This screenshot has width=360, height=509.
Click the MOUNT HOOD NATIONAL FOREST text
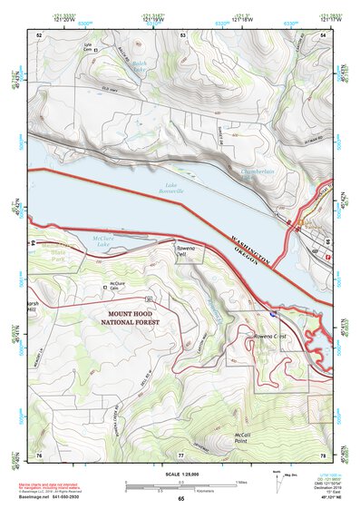pyautogui.click(x=128, y=317)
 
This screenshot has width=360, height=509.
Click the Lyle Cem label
pyautogui.click(x=88, y=46)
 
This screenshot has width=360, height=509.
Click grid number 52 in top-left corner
pyautogui.click(x=39, y=34)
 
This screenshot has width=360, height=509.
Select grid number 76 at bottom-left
pyautogui.click(x=39, y=454)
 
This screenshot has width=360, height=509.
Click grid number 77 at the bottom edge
pyautogui.click(x=180, y=454)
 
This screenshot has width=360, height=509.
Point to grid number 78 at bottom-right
pyautogui.click(x=323, y=454)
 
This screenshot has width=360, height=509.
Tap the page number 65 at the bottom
pyautogui.click(x=180, y=498)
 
